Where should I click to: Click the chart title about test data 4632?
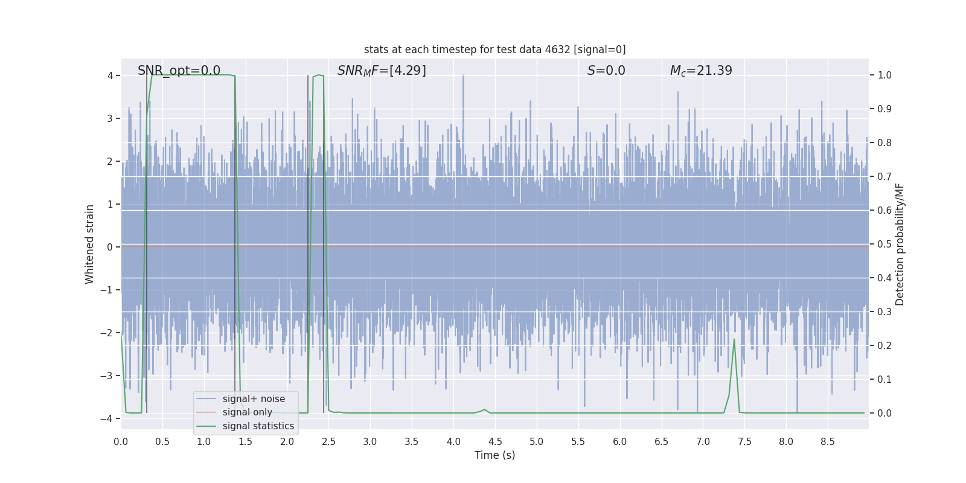494,50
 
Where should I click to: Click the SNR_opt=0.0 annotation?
179,71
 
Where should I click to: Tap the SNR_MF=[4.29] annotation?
382,71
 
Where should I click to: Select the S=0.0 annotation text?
606,71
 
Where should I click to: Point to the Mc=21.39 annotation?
701,71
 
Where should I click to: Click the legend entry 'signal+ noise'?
254,399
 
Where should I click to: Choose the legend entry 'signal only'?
247,412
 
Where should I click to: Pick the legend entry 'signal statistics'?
258,426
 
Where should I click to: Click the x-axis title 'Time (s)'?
494,455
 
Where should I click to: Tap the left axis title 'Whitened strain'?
90,244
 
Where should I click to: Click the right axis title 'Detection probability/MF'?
900,244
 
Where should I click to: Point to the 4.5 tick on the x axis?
495,441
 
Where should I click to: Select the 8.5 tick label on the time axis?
827,441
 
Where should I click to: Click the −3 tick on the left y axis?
110,376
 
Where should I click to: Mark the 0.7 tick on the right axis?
884,176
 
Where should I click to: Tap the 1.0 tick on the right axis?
884,75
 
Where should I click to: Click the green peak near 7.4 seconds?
734,340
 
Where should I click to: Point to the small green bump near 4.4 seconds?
484,410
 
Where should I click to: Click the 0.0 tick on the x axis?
121,441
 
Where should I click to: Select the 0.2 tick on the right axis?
884,345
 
